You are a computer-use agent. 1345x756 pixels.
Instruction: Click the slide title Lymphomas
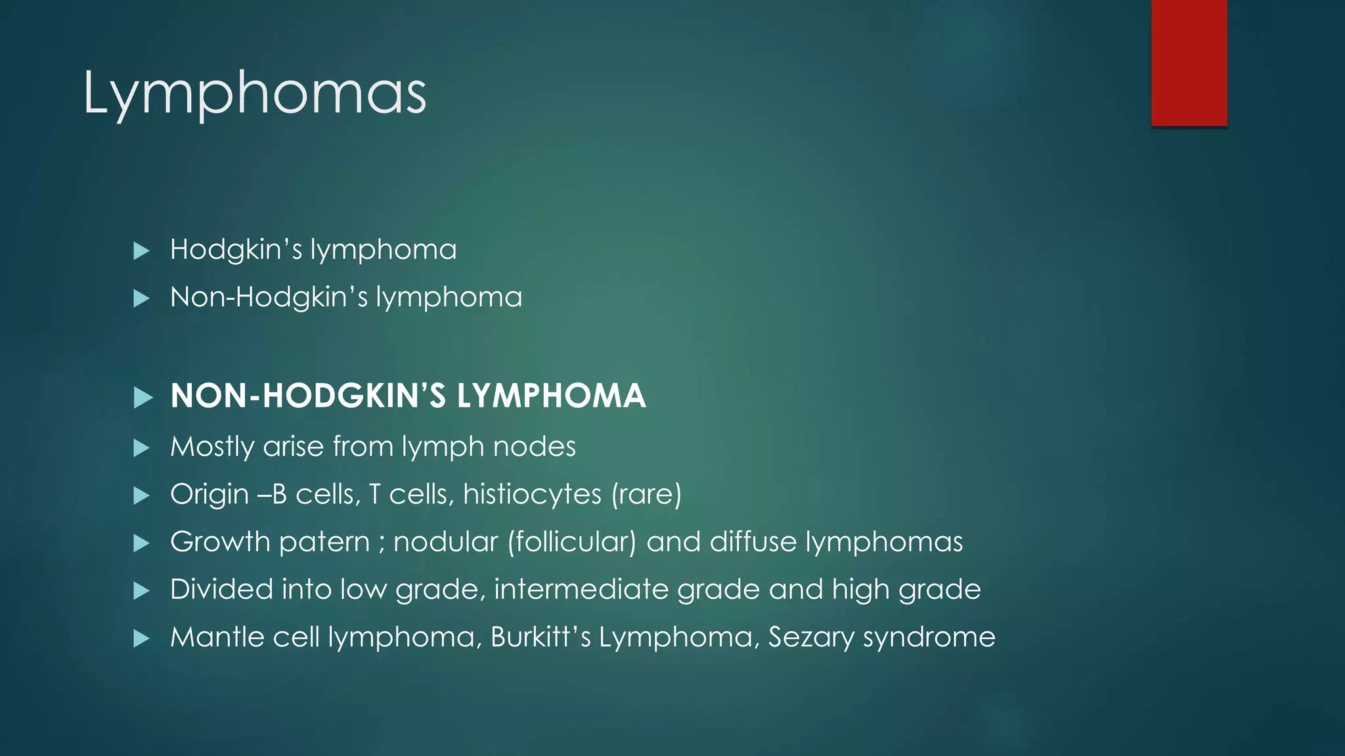[255, 94]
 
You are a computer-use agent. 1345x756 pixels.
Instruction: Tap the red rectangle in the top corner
[1189, 63]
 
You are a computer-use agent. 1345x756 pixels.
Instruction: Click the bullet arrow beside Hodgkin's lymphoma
[141, 251]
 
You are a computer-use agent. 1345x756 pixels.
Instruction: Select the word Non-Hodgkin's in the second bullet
[269, 297]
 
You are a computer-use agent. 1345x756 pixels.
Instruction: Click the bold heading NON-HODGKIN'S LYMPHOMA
[408, 396]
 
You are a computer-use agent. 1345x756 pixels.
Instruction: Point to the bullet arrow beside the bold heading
[143, 397]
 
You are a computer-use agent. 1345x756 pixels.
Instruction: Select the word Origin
[209, 495]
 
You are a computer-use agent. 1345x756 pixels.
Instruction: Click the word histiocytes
[531, 494]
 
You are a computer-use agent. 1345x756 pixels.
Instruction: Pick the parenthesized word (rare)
[646, 494]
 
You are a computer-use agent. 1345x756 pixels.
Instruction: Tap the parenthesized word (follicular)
[571, 542]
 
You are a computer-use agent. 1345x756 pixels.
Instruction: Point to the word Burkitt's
[540, 637]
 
